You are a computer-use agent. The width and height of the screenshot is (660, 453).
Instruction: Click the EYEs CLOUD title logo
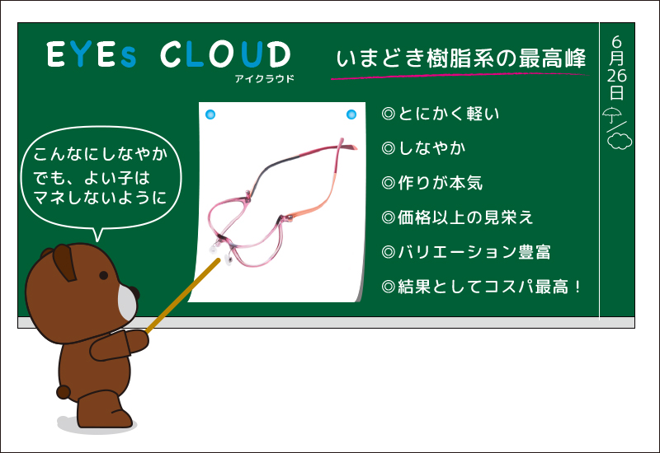[168, 54]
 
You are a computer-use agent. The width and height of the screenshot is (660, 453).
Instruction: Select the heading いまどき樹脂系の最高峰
[462, 58]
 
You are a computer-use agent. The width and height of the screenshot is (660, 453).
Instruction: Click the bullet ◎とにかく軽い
[441, 114]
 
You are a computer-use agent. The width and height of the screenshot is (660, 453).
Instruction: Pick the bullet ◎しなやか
[424, 148]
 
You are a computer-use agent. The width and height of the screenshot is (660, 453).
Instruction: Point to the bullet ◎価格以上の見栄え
[458, 217]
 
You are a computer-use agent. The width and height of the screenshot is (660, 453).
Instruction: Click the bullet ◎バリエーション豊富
[467, 252]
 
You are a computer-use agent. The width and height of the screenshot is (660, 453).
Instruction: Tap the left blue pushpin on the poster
[210, 114]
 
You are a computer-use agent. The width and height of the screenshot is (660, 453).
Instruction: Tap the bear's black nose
[134, 294]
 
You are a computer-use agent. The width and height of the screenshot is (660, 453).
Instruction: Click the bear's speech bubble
[100, 176]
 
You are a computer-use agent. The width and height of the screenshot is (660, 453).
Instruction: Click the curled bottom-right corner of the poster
[355, 292]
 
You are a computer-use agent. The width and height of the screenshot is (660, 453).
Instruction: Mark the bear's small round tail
[68, 387]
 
